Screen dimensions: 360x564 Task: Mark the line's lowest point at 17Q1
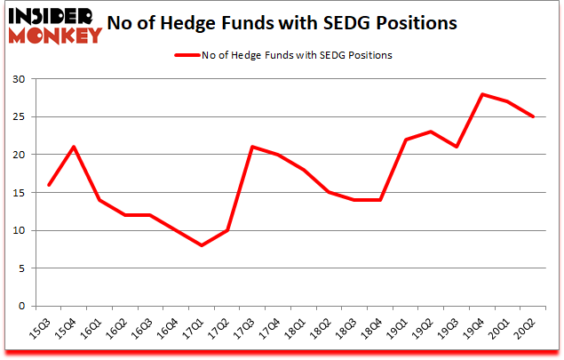coord(203,245)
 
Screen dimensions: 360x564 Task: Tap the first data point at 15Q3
coord(49,185)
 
